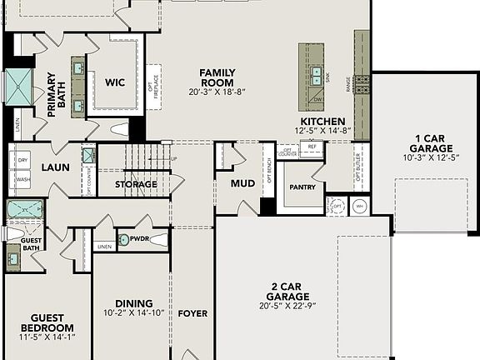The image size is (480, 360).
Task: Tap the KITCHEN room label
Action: click(x=322, y=121)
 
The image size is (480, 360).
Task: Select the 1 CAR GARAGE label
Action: click(x=427, y=142)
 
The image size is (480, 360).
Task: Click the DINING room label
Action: click(x=133, y=303)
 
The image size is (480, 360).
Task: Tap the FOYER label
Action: click(x=192, y=313)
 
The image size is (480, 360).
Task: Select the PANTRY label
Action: click(x=302, y=187)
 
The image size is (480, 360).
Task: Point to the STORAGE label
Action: click(x=136, y=184)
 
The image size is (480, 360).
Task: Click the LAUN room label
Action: click(x=56, y=167)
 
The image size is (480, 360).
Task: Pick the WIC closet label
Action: click(x=115, y=82)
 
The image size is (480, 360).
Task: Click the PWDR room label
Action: click(x=139, y=239)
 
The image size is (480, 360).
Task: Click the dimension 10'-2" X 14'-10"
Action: click(x=133, y=313)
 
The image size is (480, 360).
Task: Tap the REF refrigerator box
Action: click(x=312, y=146)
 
